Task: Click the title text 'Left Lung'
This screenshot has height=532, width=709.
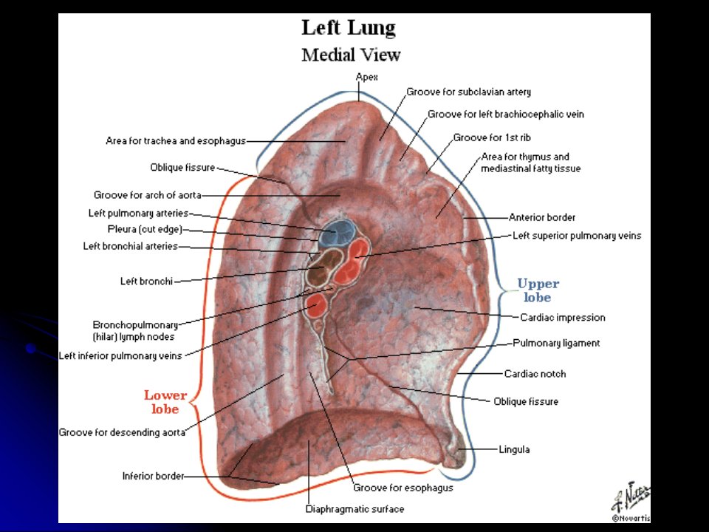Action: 349,28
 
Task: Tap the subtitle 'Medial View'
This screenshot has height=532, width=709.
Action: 351,55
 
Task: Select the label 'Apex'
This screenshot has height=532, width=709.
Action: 367,77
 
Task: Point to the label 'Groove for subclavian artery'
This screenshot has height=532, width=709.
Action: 468,92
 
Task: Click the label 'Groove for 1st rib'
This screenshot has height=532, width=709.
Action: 492,137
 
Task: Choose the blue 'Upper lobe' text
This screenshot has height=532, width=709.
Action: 538,290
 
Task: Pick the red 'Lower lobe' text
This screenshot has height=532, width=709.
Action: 165,402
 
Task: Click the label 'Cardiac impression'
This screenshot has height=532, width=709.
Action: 563,318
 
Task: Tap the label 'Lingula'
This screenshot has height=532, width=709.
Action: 514,449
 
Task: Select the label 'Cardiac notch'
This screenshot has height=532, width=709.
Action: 535,374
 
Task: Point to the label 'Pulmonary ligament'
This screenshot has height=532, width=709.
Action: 556,343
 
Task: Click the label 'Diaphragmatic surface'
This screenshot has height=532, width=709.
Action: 354,509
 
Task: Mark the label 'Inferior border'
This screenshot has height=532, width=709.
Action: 154,476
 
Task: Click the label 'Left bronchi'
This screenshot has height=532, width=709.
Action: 146,282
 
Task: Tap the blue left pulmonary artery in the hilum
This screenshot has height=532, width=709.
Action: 338,233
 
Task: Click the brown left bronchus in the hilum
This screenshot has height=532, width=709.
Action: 324,267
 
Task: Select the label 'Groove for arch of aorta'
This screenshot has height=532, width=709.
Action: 148,195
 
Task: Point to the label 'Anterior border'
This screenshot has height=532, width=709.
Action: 541,217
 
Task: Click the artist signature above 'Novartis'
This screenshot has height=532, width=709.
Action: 631,497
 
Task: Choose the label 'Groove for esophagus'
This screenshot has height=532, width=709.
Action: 403,488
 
